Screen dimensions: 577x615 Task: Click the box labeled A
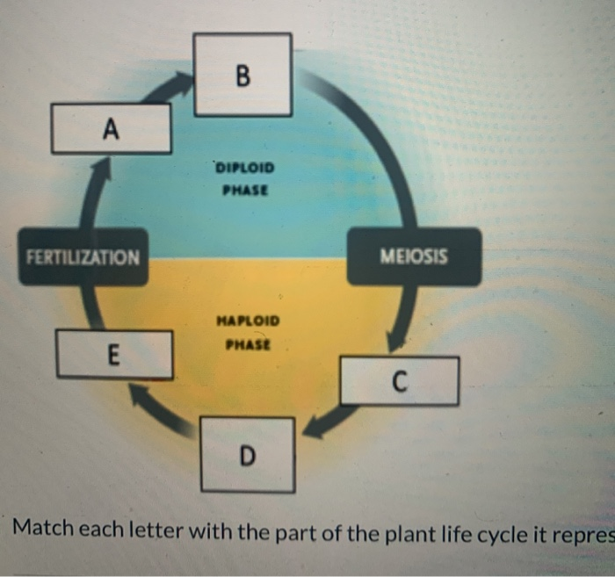pos(111,128)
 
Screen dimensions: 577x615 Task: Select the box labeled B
pos(242,75)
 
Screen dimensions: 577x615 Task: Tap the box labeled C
pos(399,380)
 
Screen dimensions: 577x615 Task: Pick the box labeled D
pos(247,454)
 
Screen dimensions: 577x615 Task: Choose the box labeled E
pos(113,354)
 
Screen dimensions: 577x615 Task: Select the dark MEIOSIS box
pos(413,256)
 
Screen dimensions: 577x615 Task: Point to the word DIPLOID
pos(244,167)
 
